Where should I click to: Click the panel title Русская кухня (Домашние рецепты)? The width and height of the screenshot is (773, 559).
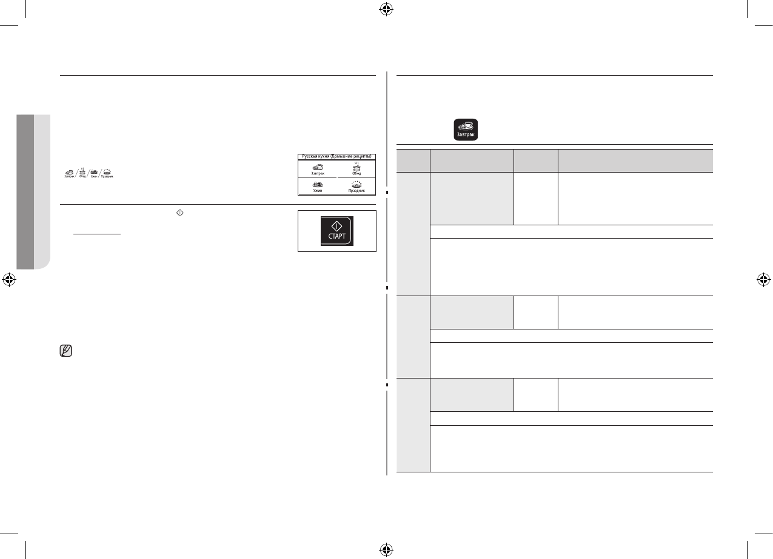(x=337, y=156)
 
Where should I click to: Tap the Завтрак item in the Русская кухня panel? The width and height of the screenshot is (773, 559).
(x=317, y=169)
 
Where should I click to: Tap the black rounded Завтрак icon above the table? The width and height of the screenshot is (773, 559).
(x=466, y=130)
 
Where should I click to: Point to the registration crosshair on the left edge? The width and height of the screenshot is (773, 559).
(x=8, y=280)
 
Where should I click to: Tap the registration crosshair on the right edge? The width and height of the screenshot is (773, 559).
(x=764, y=280)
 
